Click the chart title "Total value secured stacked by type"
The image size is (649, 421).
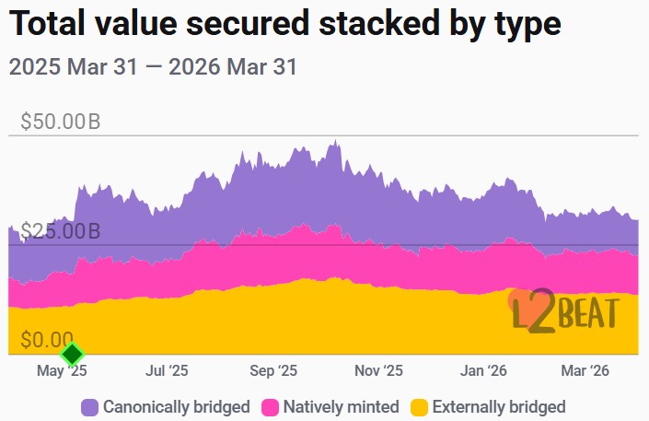284,25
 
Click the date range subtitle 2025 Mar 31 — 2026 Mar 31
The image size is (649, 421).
152,67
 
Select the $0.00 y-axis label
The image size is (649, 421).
46,340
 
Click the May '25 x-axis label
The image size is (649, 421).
62,371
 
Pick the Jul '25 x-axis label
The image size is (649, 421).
167,371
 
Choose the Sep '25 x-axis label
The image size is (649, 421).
273,371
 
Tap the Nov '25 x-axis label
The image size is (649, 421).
379,371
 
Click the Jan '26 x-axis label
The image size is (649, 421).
484,371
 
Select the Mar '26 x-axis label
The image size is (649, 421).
585,371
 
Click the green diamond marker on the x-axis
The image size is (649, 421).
72,354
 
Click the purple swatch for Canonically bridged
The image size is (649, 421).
90,406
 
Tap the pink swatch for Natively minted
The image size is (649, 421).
271,406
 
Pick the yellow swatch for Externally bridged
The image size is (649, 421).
419,406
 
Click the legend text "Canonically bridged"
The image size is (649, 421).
176,406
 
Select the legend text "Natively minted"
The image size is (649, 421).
341,406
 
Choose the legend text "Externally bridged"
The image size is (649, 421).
498,406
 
